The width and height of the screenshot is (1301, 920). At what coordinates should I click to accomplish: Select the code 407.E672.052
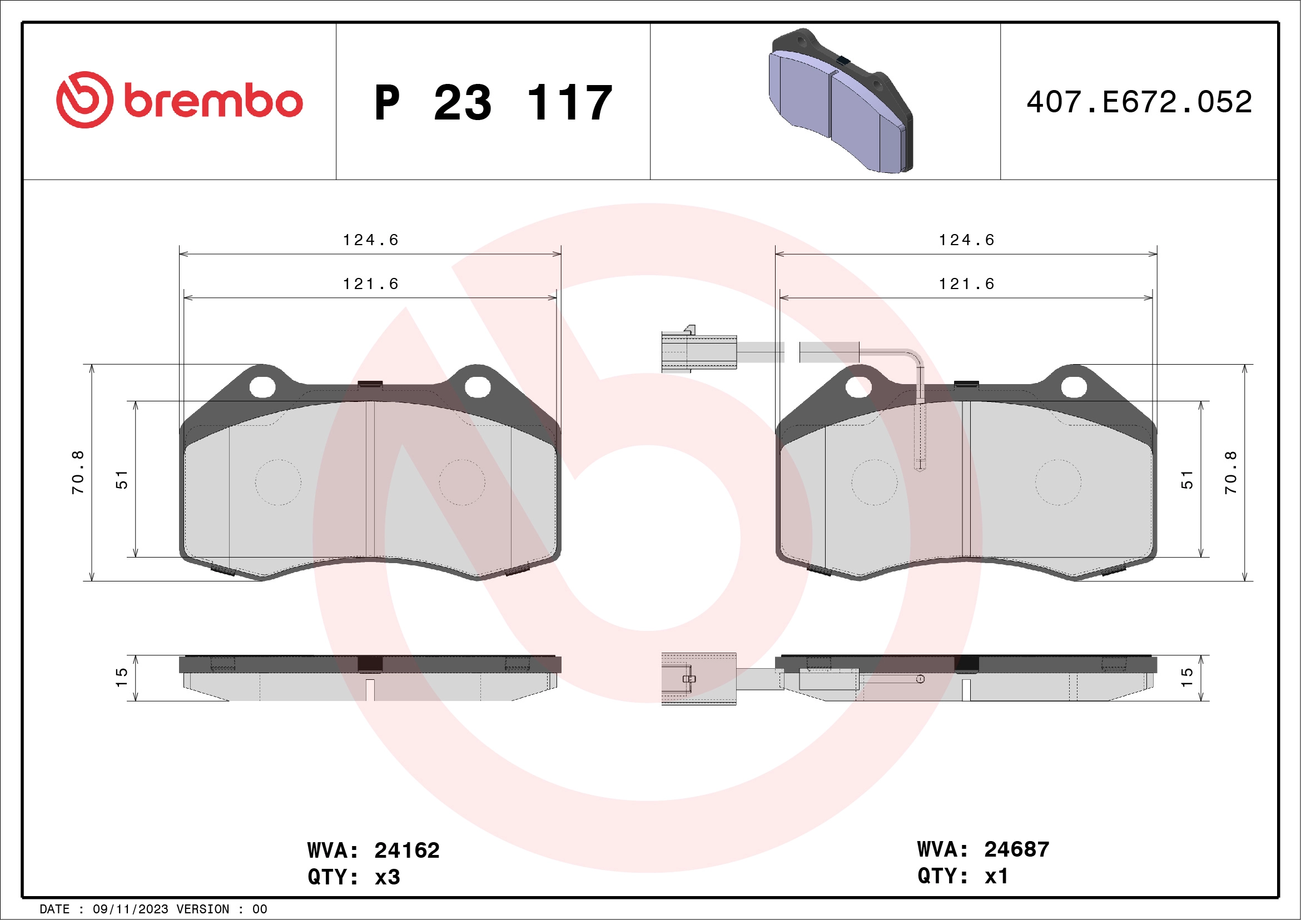(1139, 102)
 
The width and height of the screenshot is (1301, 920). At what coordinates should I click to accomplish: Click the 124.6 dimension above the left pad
(371, 240)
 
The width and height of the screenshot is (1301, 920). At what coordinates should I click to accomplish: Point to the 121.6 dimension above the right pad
(967, 284)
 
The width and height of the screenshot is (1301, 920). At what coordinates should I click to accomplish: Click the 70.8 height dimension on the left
(78, 473)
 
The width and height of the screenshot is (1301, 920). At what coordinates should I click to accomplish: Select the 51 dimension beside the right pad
(1187, 479)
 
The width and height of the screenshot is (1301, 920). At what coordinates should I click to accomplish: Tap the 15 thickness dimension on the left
(122, 677)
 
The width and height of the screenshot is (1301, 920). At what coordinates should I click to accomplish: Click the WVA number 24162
(406, 851)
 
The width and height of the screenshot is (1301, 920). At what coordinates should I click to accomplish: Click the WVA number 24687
(1016, 849)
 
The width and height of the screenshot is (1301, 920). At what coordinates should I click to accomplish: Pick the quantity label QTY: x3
(354, 877)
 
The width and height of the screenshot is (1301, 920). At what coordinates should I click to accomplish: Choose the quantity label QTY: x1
(963, 876)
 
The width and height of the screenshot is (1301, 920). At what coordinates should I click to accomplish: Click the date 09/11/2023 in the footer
(130, 909)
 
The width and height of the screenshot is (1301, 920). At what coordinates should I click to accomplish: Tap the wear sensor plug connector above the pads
(699, 352)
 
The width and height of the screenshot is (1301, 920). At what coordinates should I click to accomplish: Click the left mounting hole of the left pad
(262, 387)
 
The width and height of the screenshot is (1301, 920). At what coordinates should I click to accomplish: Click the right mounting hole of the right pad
(1074, 387)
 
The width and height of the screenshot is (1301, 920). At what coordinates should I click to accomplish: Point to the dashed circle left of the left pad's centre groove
(277, 482)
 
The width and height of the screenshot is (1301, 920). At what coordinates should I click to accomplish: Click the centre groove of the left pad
(370, 479)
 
